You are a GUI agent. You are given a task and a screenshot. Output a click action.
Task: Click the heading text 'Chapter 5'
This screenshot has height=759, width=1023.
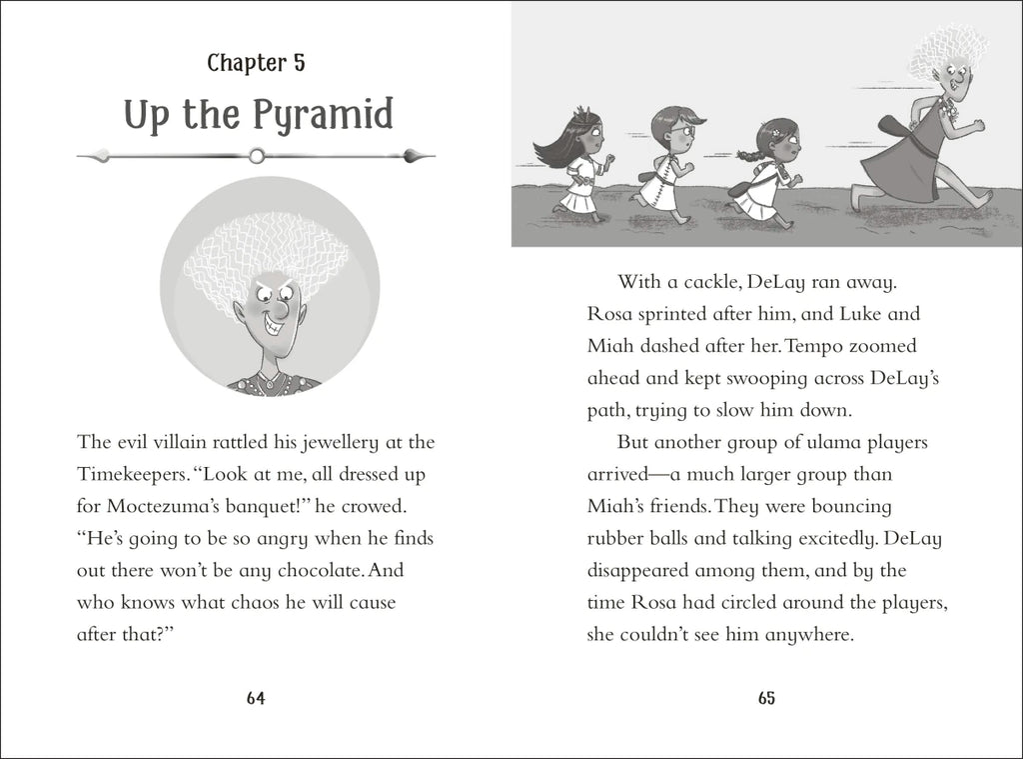256,64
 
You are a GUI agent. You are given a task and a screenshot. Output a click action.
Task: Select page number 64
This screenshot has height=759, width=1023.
256,699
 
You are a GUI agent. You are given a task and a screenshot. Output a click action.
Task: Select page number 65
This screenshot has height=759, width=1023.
766,699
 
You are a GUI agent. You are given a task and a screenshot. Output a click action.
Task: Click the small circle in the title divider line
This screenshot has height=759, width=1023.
257,155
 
